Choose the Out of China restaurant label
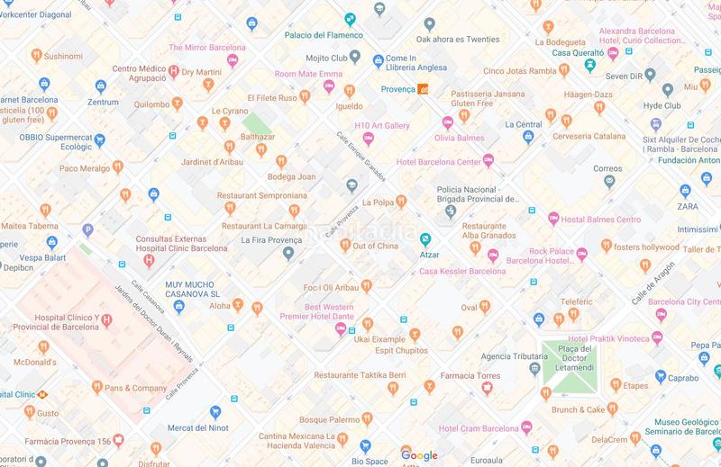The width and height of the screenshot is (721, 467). click(x=375, y=246)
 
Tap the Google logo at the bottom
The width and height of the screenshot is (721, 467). click(x=419, y=456)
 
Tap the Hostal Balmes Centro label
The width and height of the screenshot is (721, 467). click(x=601, y=219)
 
